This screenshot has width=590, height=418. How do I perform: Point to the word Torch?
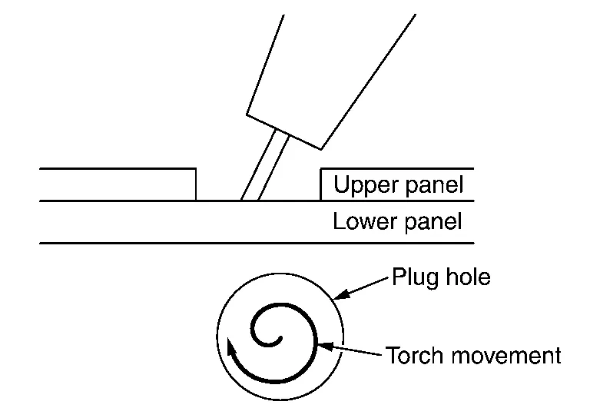[x=412, y=357]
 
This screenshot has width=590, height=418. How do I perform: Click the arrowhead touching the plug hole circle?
[x=340, y=294]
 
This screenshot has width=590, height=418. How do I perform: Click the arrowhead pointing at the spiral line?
[x=325, y=348]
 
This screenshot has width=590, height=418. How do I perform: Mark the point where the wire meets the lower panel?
[x=250, y=201]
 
